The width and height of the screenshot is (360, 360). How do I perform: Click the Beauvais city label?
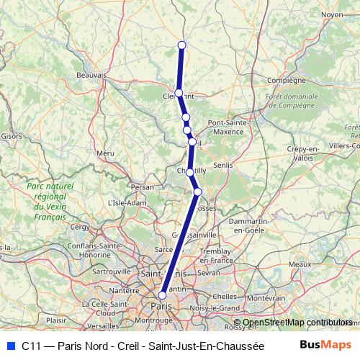pyautogui.click(x=91, y=74)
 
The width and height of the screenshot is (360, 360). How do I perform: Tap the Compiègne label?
pyautogui.click(x=282, y=80)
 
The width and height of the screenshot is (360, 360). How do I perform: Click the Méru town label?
pyautogui.click(x=105, y=153)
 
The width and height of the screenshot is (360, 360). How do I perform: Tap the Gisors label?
pyautogui.click(x=11, y=135)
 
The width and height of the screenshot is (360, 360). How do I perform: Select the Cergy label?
pyautogui.click(x=79, y=227)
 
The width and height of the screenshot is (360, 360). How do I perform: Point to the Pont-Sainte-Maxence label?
pyautogui.click(x=228, y=127)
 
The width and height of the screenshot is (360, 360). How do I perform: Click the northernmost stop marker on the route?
pyautogui.click(x=181, y=45)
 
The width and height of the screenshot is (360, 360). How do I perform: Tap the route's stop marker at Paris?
pyautogui.click(x=163, y=295)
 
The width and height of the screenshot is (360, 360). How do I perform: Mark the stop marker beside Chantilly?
pyautogui.click(x=189, y=172)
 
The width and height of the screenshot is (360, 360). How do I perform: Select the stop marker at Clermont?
pyautogui.click(x=179, y=93)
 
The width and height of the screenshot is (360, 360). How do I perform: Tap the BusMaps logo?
pyautogui.click(x=325, y=345)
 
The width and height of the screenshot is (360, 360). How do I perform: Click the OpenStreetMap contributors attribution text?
pyautogui.click(x=297, y=323)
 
